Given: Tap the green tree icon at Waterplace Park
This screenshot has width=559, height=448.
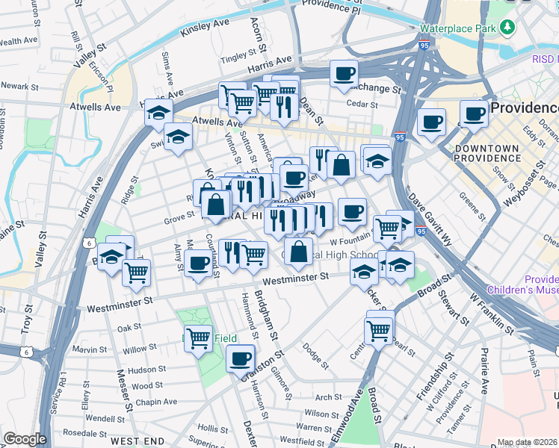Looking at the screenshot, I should click(x=508, y=28).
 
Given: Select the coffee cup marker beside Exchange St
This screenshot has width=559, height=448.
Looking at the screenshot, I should click(x=343, y=74).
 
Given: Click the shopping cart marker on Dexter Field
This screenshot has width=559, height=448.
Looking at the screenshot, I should click(x=198, y=339).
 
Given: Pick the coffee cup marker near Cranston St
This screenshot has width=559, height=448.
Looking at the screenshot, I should click(x=240, y=358).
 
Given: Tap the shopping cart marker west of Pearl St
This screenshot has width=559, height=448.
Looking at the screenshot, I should click(x=379, y=329).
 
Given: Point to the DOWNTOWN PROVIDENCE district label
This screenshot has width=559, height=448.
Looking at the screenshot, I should click(x=486, y=153).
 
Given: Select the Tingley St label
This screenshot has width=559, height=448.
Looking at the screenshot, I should click(x=239, y=57).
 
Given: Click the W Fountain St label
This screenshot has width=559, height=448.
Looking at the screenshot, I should click(x=351, y=241).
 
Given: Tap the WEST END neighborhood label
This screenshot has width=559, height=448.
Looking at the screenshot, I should click(x=137, y=441).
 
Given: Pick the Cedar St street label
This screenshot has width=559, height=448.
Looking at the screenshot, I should click(x=362, y=105).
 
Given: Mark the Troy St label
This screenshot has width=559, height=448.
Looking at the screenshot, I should click(x=28, y=317).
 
